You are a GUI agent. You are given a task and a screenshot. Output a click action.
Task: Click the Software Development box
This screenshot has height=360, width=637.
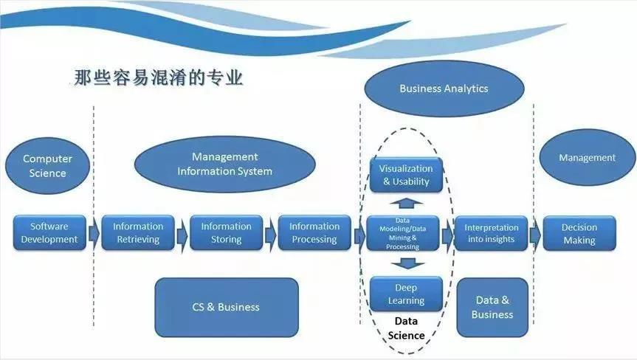tap(49, 232)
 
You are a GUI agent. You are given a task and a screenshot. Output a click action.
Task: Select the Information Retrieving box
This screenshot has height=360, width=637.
tap(138, 232)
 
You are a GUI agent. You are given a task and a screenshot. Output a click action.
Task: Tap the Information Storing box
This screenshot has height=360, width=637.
tap(227, 232)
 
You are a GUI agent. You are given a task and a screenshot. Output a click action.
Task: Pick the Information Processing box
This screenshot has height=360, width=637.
tap(314, 232)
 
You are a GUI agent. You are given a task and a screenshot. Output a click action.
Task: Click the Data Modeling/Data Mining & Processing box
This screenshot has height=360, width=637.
tap(402, 233)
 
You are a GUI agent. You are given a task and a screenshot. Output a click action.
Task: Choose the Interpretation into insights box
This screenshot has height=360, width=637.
tap(491, 233)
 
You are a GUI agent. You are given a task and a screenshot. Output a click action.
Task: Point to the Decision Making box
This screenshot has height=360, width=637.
tap(579, 233)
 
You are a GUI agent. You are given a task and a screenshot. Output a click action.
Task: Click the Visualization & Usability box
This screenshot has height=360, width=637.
tap(406, 175)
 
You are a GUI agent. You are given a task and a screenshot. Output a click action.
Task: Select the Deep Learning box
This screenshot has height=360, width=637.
tap(406, 294)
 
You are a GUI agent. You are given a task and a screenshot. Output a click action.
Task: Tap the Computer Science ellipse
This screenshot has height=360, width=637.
tap(47, 165)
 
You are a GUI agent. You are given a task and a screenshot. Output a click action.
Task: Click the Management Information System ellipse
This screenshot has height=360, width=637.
tap(224, 164)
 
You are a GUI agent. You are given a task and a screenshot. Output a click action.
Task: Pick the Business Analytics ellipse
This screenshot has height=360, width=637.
tap(444, 89)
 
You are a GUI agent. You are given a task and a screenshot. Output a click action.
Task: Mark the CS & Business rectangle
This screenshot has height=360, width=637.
tap(227, 307)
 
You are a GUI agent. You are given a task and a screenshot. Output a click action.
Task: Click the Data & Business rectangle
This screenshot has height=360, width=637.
tap(492, 307)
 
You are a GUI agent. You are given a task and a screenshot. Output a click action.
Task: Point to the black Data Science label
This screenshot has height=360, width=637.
tap(406, 328)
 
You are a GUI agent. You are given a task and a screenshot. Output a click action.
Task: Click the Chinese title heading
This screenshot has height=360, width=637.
tap(159, 77)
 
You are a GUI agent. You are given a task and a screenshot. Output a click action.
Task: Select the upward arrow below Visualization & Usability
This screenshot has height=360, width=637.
tap(406, 204)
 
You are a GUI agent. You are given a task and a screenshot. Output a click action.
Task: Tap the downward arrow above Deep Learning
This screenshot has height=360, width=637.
tap(407, 264)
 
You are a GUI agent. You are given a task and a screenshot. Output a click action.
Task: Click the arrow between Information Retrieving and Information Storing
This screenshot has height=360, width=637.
tap(182, 235)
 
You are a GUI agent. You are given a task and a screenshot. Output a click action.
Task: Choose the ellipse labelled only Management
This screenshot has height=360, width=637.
tap(588, 157)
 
